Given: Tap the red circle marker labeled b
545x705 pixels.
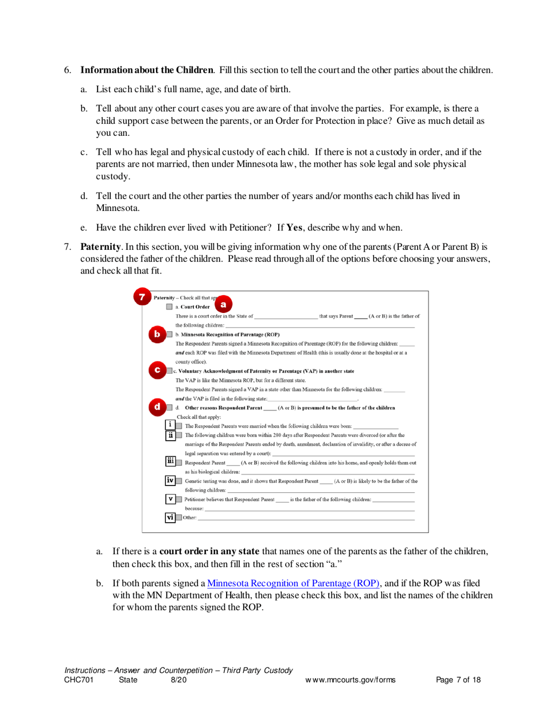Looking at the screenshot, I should point(157,333).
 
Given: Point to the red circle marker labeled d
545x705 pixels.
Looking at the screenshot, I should point(157,408).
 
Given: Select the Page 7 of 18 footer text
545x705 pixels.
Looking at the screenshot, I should point(458,680).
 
